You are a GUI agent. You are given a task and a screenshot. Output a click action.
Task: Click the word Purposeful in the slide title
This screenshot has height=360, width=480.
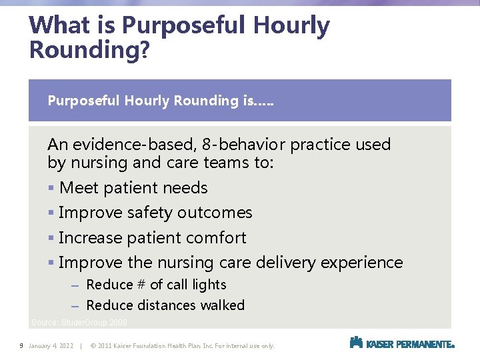(x=183, y=26)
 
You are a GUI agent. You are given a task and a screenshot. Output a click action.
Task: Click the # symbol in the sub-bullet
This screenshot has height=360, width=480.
(x=141, y=285)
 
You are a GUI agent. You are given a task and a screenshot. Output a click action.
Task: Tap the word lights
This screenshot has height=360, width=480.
(x=209, y=285)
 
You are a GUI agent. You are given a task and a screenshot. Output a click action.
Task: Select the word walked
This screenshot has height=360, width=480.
(x=223, y=305)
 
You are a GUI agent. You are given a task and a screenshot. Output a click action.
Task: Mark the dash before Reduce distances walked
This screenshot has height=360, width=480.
(x=75, y=306)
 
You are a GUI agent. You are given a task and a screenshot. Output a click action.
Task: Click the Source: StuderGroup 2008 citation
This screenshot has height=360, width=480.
(x=79, y=323)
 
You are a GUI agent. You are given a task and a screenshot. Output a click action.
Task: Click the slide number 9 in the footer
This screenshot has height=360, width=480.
(x=22, y=346)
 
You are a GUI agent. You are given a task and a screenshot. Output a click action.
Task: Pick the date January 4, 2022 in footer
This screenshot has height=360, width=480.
(x=51, y=346)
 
